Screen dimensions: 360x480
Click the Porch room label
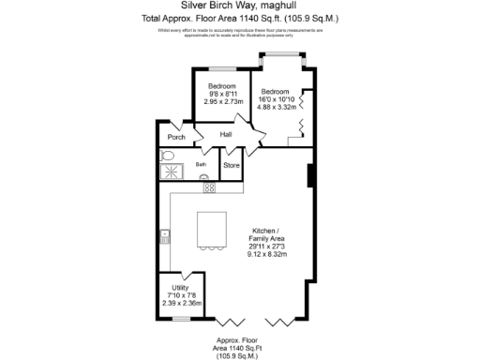click(x=175, y=137)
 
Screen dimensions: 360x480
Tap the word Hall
click(x=226, y=135)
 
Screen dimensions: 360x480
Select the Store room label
click(x=232, y=166)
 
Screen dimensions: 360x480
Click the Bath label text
click(x=201, y=164)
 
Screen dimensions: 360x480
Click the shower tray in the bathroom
click(x=171, y=171)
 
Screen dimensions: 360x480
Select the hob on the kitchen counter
click(x=209, y=187)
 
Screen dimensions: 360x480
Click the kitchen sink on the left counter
click(x=165, y=234)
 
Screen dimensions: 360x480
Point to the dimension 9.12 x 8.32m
click(x=267, y=253)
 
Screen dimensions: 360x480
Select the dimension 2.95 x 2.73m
click(x=222, y=101)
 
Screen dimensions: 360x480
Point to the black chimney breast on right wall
click(x=309, y=175)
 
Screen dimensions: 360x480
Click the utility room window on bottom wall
click(x=175, y=319)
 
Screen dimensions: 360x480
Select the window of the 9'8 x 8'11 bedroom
click(x=221, y=68)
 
